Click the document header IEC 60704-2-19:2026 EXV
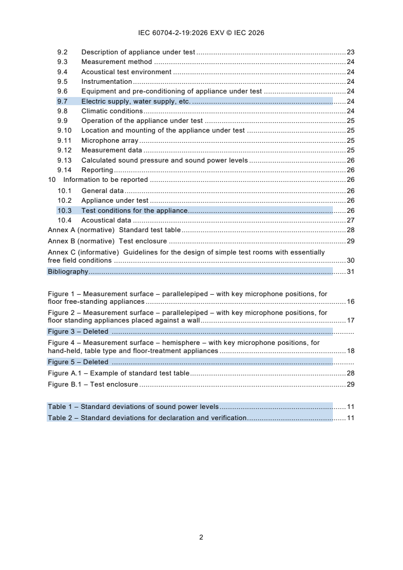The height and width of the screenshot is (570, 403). (201, 33)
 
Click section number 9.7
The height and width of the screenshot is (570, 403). (63, 102)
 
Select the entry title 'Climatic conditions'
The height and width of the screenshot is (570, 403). (112, 111)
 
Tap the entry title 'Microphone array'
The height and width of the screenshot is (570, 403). (110, 141)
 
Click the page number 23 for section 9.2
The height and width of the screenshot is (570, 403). (350, 52)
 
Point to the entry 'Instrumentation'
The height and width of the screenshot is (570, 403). (107, 82)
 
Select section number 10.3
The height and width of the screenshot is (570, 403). (65, 211)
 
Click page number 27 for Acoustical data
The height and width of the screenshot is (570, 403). (350, 220)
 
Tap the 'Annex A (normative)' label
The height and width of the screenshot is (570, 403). (81, 230)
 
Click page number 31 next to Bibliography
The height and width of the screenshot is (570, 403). (350, 272)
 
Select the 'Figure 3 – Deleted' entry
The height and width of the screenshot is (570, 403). (78, 332)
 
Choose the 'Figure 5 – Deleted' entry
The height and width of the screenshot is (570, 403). (78, 362)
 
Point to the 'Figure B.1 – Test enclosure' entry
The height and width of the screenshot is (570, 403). (93, 385)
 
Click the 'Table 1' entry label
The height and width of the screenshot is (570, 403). (61, 407)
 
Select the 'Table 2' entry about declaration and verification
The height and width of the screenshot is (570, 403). (147, 418)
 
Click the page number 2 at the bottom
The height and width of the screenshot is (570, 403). (201, 537)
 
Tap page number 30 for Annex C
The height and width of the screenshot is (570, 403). (350, 261)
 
